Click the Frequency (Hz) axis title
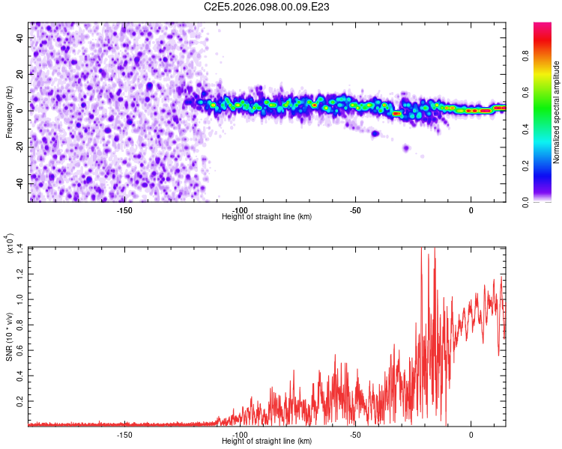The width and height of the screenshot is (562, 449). tap(9, 112)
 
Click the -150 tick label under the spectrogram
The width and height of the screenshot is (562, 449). tap(124, 210)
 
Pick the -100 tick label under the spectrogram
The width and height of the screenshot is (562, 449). tap(240, 210)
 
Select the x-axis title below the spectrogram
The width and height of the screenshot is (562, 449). tap(267, 217)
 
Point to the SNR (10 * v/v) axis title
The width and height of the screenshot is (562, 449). tap(9, 337)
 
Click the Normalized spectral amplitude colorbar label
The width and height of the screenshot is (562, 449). tap(558, 112)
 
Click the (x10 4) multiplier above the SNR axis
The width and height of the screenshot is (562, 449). tap(9, 243)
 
